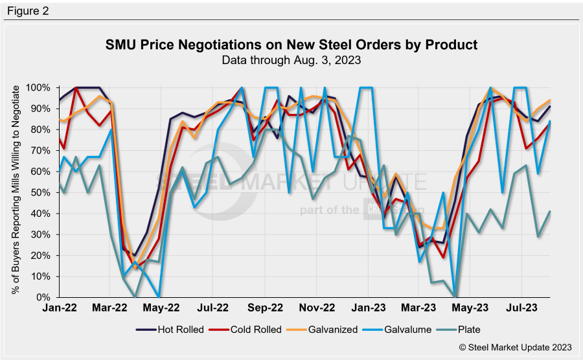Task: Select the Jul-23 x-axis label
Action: point(522,309)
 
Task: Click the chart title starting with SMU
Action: point(291,45)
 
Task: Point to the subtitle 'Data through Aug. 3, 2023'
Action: point(291,60)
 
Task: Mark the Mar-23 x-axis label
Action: point(423,309)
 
